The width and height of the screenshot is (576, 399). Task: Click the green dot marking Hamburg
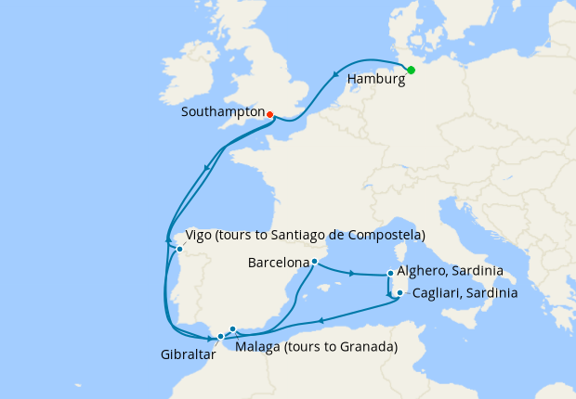point(411,70)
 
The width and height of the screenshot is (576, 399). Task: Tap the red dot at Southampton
point(270,115)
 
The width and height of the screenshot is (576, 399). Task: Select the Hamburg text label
point(375,80)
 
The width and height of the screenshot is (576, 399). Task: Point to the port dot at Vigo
point(179,249)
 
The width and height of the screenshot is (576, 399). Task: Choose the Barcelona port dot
point(314,262)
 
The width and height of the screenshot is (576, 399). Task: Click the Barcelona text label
point(279,263)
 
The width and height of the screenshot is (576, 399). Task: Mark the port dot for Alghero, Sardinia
point(390,274)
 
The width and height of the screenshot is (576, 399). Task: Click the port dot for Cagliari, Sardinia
point(399,293)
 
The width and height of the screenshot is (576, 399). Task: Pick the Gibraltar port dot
point(220,336)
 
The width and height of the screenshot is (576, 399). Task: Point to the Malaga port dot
point(233,328)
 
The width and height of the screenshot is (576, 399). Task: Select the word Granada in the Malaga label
point(369,347)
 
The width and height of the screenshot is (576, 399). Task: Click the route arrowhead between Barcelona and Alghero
point(351,273)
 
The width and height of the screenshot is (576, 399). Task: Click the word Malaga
point(257,347)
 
